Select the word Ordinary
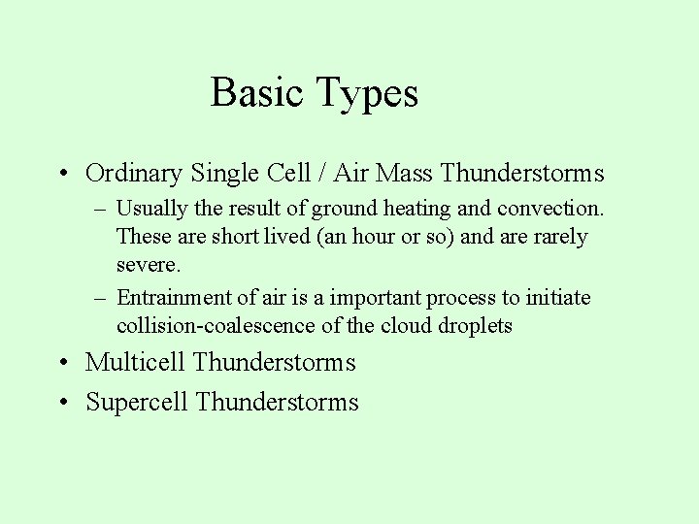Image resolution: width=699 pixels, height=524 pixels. click(134, 174)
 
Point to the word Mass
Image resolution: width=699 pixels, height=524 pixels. click(404, 174)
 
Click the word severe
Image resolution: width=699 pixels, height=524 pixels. click(149, 265)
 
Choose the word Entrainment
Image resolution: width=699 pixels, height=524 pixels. click(175, 298)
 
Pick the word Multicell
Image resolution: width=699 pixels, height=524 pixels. click(135, 363)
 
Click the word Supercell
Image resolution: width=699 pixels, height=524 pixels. click(137, 403)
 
